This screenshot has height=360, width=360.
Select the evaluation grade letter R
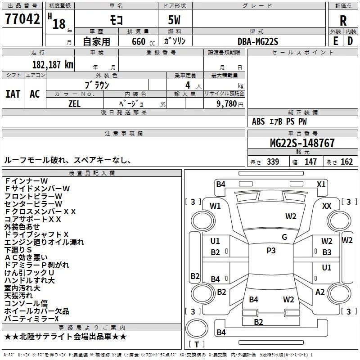tap(343, 21)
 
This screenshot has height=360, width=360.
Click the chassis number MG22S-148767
tap(302, 144)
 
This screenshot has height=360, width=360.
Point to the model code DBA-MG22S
tap(258, 41)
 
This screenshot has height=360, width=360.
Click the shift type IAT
tap(13, 94)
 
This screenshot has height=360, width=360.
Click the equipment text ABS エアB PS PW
tap(279, 121)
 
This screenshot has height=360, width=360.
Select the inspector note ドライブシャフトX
tap(36, 234)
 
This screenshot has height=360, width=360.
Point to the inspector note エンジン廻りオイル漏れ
tap(44, 242)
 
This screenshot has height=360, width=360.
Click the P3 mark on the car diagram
tap(271, 251)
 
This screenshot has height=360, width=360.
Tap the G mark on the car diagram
tap(284, 237)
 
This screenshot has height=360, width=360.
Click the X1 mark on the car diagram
tap(321, 184)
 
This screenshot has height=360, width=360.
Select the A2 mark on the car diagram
tap(320, 292)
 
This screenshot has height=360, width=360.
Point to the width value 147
tap(310, 162)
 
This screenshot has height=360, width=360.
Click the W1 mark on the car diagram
tap(216, 206)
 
